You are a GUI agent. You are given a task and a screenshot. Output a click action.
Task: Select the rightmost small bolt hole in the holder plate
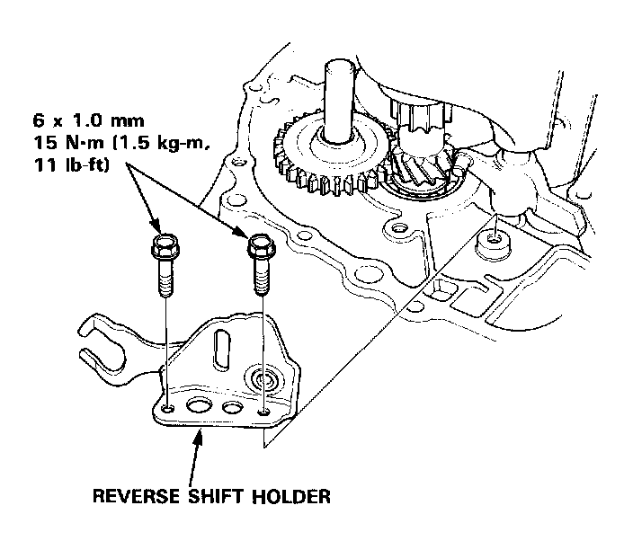(x=263, y=412)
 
